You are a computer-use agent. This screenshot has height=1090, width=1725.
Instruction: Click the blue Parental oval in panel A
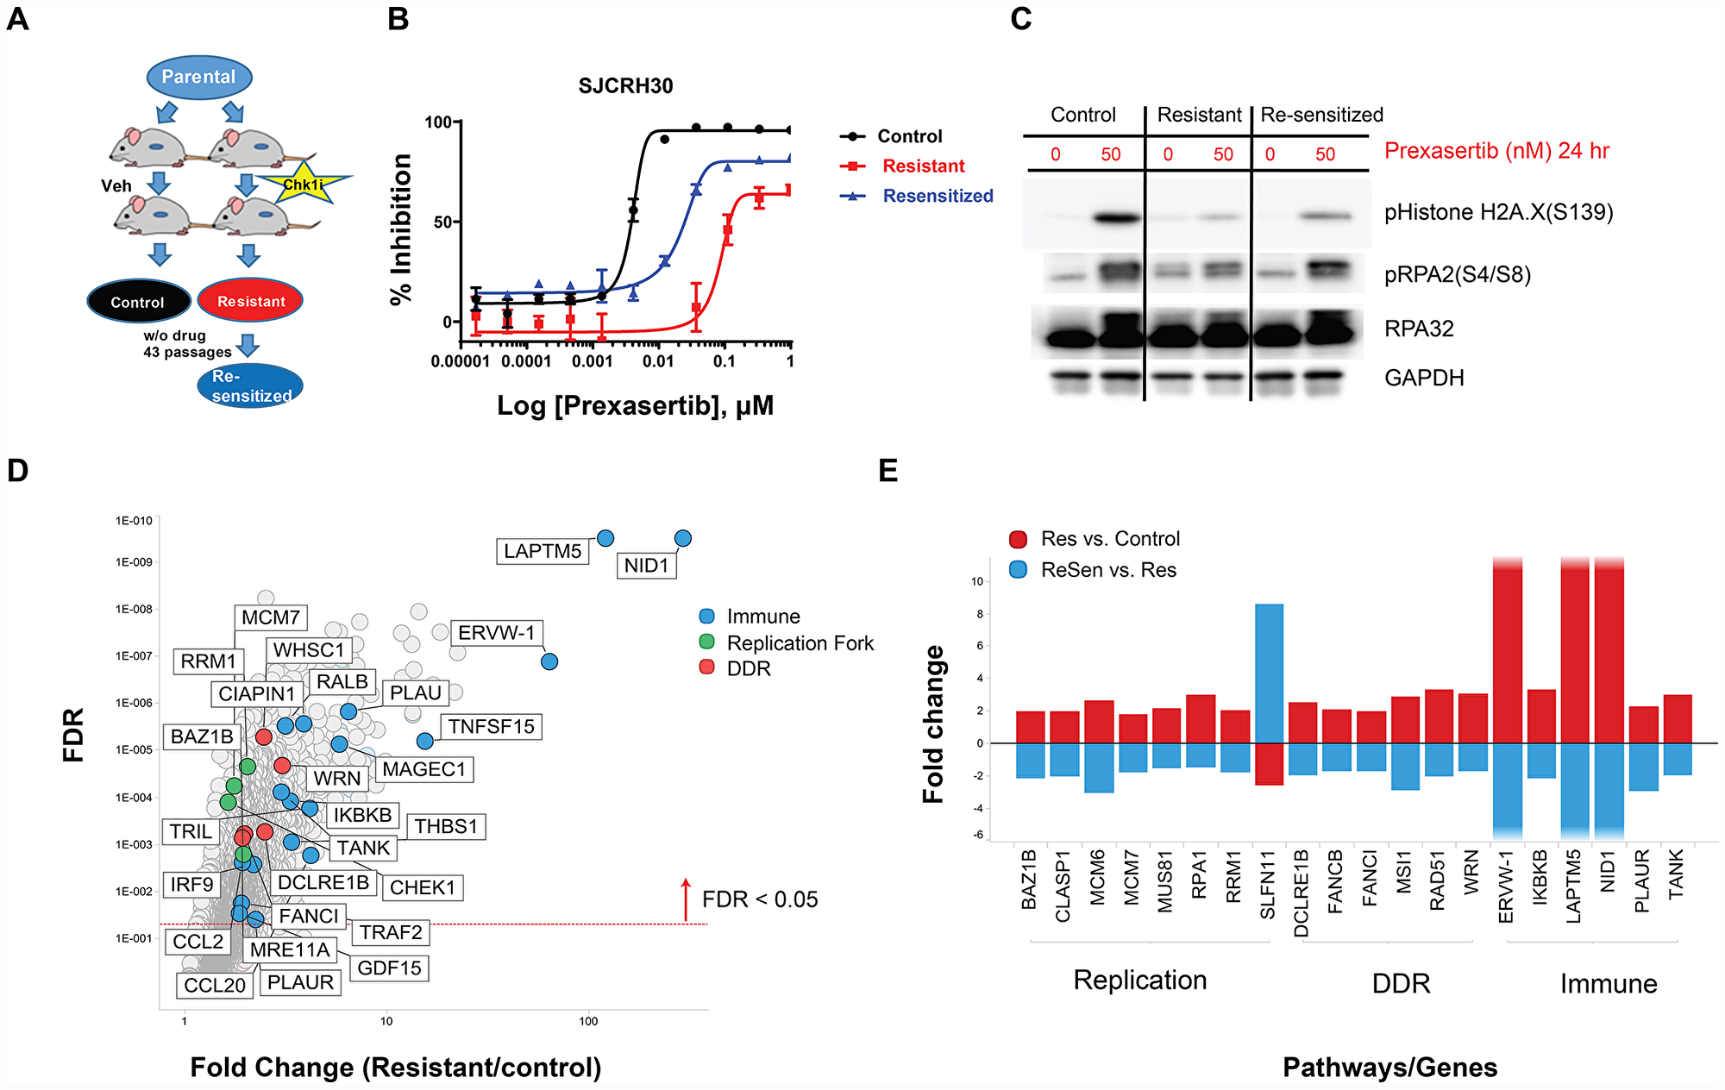(x=198, y=77)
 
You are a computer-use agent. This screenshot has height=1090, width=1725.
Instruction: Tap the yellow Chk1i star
(x=304, y=185)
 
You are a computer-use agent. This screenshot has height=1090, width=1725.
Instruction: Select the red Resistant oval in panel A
(x=250, y=301)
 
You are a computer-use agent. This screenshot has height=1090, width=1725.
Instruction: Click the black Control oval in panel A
(x=138, y=302)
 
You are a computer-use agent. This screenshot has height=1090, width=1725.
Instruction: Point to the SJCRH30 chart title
(x=625, y=85)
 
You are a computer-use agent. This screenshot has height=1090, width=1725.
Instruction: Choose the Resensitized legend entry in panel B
(x=937, y=196)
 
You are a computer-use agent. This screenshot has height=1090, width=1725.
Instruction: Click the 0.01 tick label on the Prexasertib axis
(x=657, y=361)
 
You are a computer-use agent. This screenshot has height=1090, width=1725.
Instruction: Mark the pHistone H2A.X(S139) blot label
(x=1498, y=212)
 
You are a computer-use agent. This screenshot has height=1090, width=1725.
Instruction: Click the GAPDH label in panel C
(x=1424, y=378)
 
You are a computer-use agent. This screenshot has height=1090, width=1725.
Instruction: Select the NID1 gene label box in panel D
(x=646, y=566)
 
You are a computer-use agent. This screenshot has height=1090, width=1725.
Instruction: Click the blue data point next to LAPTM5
(x=605, y=538)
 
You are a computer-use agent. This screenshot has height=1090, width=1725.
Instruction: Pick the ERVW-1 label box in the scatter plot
(x=496, y=633)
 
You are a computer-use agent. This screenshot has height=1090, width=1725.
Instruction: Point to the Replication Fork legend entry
(x=800, y=643)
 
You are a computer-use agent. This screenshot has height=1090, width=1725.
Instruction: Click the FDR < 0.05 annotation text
(x=760, y=899)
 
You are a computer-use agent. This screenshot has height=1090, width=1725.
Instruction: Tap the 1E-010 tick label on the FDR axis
(x=134, y=521)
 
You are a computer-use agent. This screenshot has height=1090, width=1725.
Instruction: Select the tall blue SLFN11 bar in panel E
(x=1269, y=673)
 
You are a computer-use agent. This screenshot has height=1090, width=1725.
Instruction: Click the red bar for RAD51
(x=1439, y=716)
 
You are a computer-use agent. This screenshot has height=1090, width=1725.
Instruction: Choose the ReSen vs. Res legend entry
(x=1107, y=570)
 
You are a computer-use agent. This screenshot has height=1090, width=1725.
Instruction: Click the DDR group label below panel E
(x=1401, y=983)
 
